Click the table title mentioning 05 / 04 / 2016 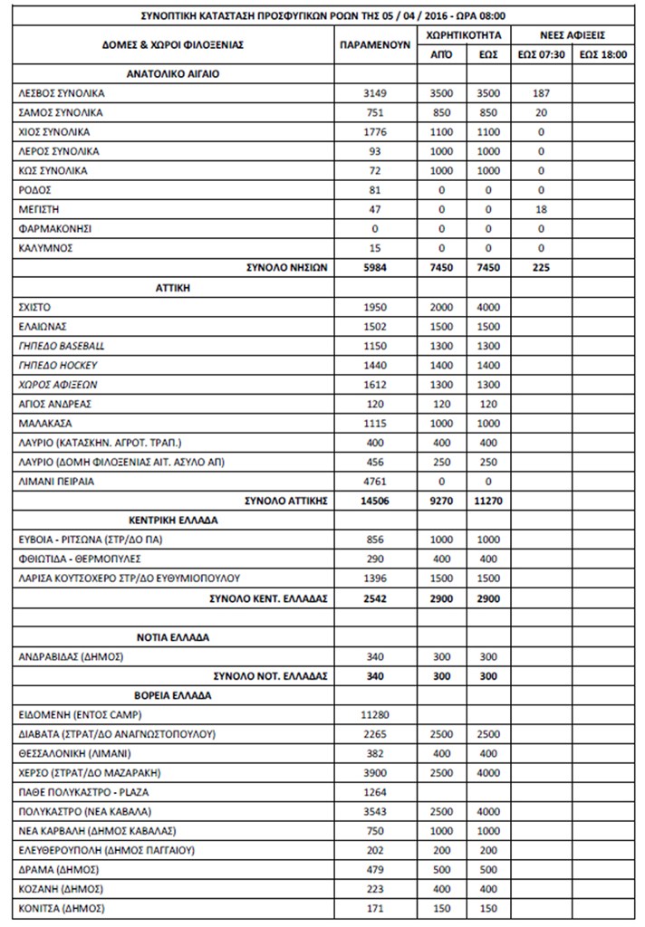(322, 14)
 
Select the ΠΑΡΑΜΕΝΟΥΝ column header (375, 43)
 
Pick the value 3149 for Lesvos (374, 93)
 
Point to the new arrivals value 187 (541, 93)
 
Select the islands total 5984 (374, 269)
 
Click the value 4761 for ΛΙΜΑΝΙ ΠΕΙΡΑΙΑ (374, 482)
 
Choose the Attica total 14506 (374, 502)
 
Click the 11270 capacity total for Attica (487, 502)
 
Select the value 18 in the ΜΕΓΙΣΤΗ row (541, 209)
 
